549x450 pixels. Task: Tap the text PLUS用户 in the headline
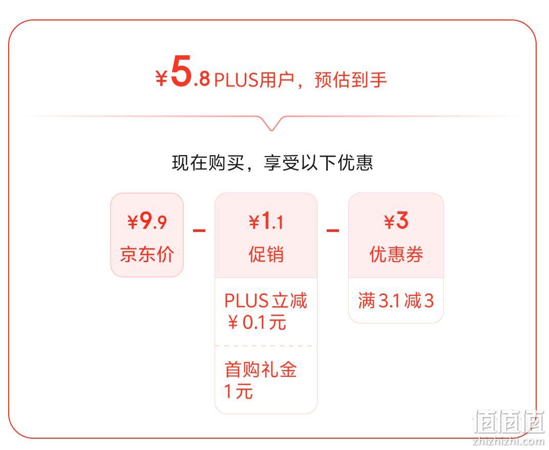click(x=254, y=80)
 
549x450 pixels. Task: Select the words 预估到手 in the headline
click(x=351, y=80)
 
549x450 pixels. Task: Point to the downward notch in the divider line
click(x=272, y=126)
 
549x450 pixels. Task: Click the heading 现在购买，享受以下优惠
click(x=272, y=163)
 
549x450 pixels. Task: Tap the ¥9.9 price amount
click(x=147, y=221)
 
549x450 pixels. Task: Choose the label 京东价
click(x=147, y=254)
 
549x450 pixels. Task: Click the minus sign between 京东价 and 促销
click(x=199, y=230)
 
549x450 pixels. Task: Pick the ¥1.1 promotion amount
click(x=266, y=221)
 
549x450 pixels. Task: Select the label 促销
click(x=266, y=254)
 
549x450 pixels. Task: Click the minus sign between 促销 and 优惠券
click(x=333, y=230)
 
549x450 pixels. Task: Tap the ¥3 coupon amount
click(x=396, y=221)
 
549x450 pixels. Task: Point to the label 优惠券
click(x=396, y=254)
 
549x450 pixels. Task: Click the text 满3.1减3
click(x=396, y=301)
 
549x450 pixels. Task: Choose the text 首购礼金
click(x=261, y=370)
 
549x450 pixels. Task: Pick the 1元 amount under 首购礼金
click(x=239, y=392)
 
